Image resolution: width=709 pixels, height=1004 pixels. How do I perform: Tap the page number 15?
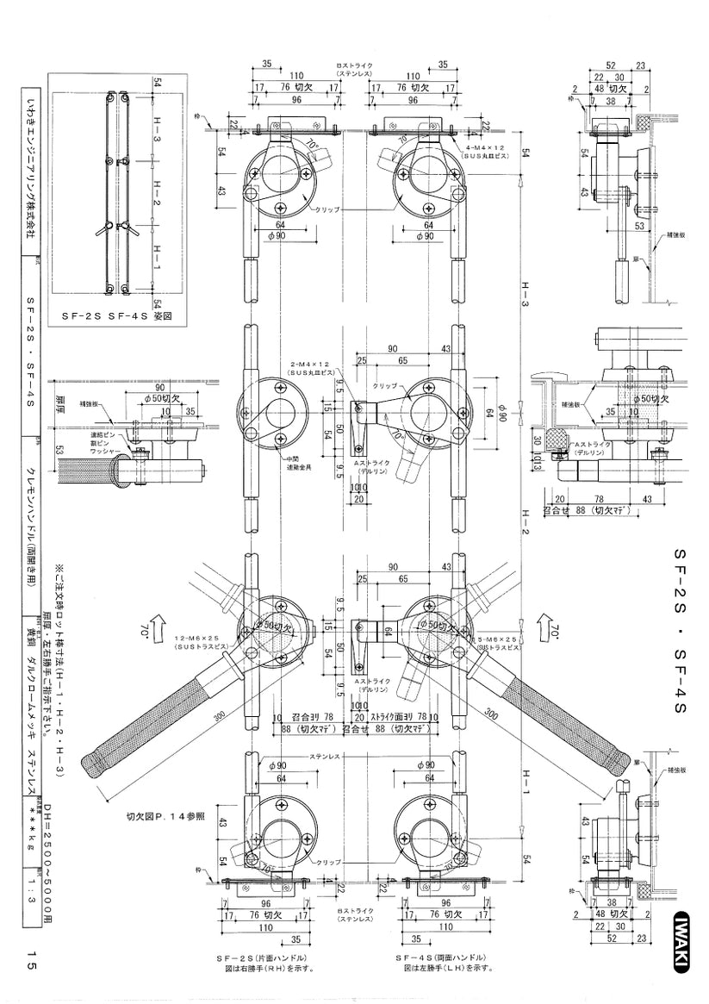click(31, 960)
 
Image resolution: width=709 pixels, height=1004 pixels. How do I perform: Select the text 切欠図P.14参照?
click(165, 814)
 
